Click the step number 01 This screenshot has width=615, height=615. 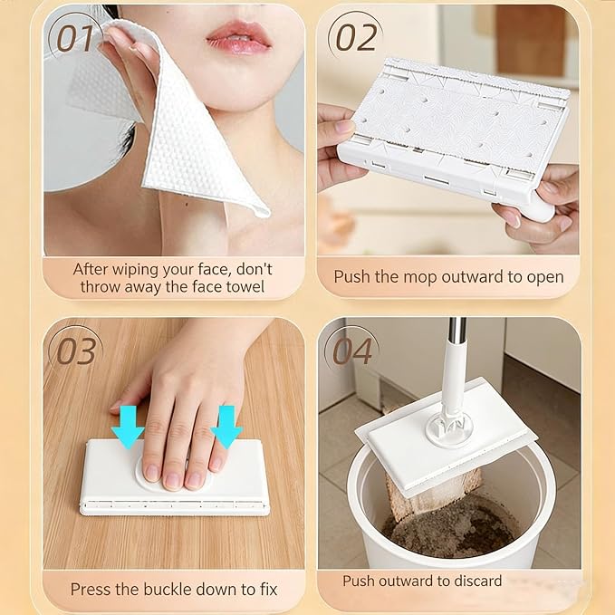76,38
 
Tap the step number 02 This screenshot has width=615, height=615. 357,37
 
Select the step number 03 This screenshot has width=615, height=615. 76,351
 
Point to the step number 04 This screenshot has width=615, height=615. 352,351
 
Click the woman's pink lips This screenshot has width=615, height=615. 238,38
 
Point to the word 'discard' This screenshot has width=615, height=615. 477,581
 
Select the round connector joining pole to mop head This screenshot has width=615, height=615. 449,430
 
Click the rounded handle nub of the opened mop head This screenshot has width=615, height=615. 542,208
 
